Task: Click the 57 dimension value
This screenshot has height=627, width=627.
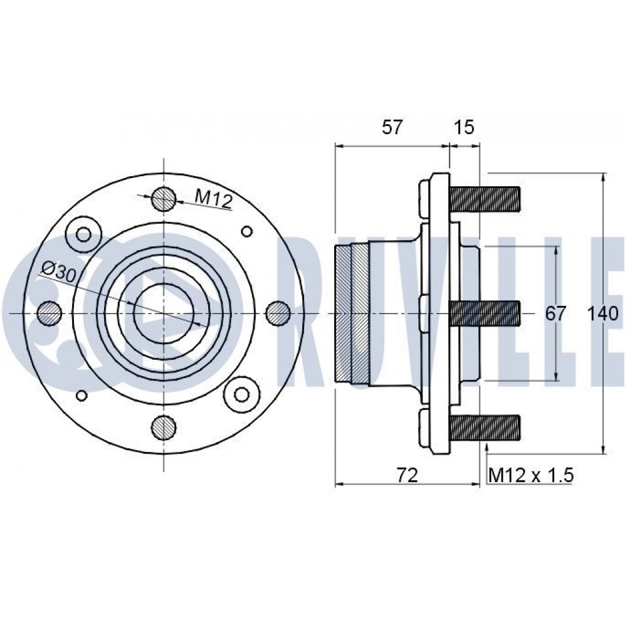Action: tap(392, 127)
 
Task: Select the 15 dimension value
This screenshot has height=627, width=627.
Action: tap(464, 127)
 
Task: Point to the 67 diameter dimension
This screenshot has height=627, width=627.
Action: tap(555, 313)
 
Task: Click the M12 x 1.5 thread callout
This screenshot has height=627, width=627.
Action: tap(530, 475)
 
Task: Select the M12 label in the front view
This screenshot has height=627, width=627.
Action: tap(213, 199)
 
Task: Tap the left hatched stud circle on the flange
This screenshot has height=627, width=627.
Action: tap(50, 313)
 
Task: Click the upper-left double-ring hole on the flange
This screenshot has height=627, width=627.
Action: tap(83, 234)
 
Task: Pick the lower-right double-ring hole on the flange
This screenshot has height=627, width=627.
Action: tap(242, 393)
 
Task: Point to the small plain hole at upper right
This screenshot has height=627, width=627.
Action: tap(247, 232)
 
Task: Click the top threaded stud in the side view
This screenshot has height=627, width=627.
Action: tap(485, 199)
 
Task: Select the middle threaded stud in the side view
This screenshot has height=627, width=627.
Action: tap(485, 313)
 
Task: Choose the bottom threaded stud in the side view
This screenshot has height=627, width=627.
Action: tap(485, 427)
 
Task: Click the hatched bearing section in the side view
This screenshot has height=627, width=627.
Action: tap(352, 313)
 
